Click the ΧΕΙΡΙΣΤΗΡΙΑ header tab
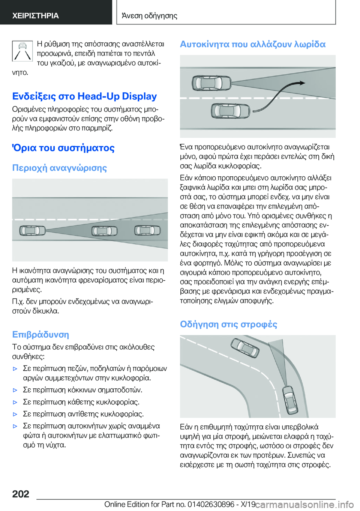[36, 16]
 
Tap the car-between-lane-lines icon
[22, 51]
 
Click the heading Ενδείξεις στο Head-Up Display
[84, 96]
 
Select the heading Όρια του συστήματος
[63, 148]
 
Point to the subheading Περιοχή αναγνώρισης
[60, 168]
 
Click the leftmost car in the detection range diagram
[32, 230]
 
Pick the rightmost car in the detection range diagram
[147, 230]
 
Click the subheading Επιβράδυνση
[40, 334]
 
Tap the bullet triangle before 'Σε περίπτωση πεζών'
[15, 369]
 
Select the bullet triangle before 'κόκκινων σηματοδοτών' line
[15, 390]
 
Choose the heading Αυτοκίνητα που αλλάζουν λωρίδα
[253, 44]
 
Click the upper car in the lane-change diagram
[211, 83]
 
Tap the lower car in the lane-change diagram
[230, 111]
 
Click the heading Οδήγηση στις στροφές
[228, 324]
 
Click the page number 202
[21, 494]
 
